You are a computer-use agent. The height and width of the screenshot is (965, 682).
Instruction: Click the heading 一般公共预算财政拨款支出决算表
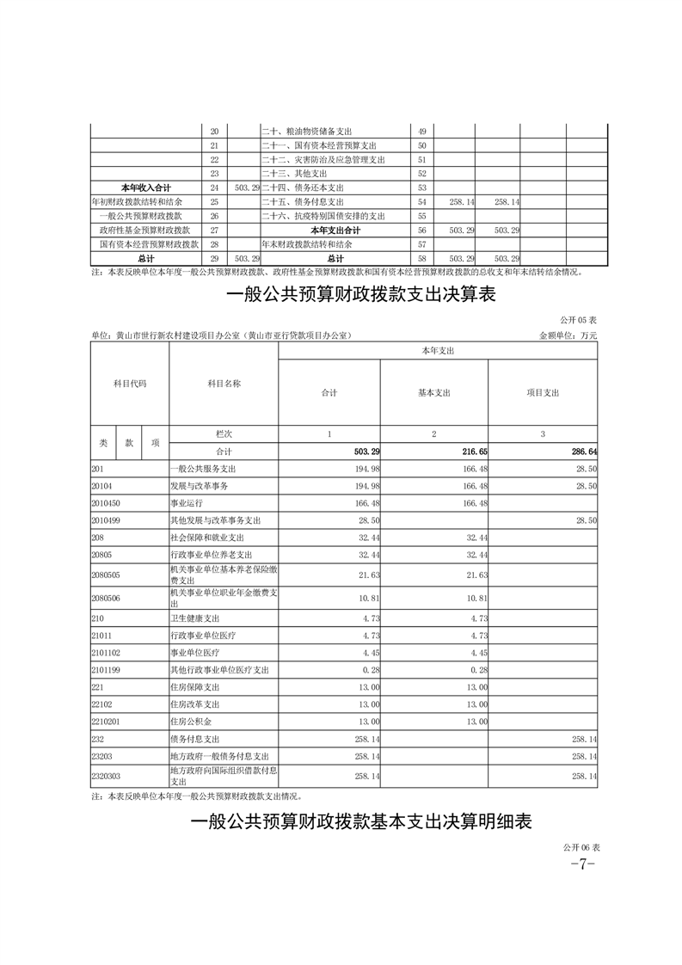point(360,296)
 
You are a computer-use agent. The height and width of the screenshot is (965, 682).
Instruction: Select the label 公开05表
point(581,320)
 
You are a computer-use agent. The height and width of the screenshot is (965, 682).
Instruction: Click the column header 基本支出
point(434,392)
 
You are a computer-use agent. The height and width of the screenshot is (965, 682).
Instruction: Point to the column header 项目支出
point(543,392)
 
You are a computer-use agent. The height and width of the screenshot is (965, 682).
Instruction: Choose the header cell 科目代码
point(130,384)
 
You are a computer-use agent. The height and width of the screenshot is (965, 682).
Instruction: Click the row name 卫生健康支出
point(194,617)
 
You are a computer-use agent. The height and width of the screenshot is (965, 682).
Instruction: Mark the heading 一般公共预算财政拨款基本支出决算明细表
point(360,822)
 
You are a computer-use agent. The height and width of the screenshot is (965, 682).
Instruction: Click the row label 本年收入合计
point(144,187)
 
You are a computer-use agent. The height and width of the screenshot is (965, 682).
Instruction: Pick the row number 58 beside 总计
point(421,258)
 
